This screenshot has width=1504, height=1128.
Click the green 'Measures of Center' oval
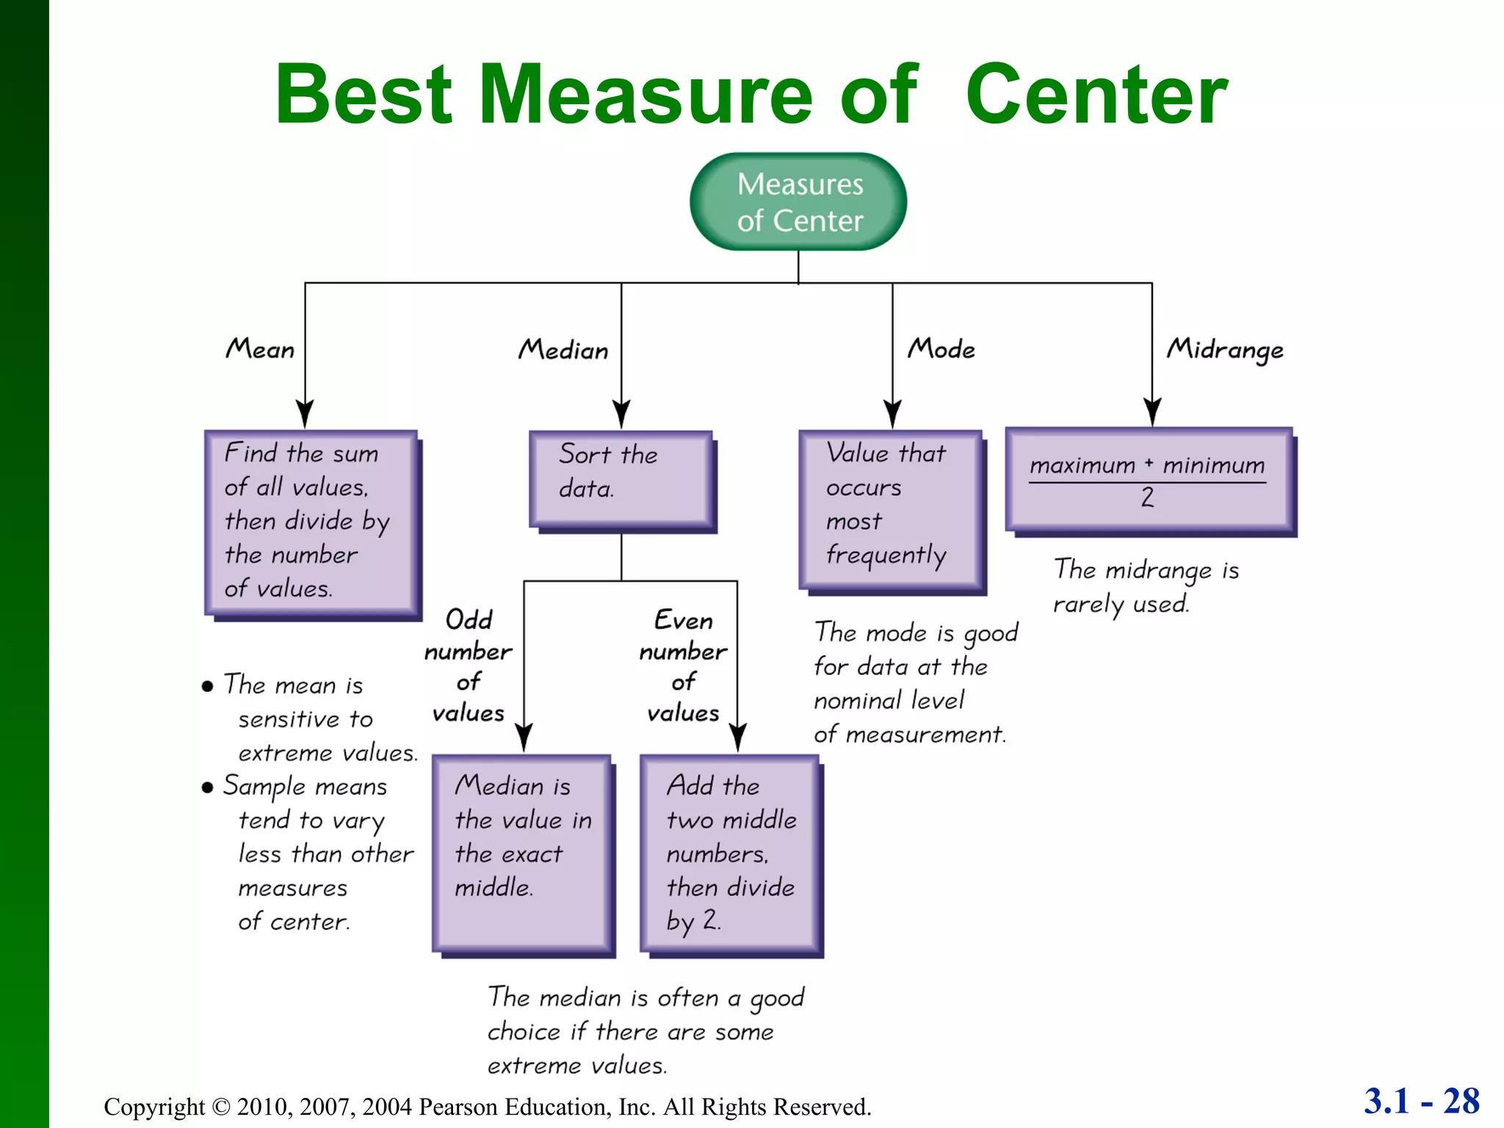[798, 202]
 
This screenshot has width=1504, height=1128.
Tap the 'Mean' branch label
[260, 349]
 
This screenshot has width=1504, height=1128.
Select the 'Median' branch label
[563, 350]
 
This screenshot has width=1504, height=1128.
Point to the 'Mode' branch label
[941, 349]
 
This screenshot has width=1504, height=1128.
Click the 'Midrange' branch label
[1225, 350]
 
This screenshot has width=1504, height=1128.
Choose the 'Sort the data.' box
[621, 479]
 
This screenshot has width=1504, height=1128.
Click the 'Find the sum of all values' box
[311, 522]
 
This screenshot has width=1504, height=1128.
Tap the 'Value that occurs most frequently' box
[891, 510]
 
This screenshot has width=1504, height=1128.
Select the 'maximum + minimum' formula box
[1149, 479]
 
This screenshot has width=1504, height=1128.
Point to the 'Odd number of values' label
[469, 665]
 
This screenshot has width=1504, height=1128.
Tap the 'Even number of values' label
[683, 665]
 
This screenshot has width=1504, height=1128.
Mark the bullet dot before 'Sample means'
[208, 788]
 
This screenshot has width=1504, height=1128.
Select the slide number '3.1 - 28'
[1421, 1101]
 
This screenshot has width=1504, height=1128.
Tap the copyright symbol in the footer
[221, 1107]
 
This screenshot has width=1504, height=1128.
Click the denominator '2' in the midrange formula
[1147, 498]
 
